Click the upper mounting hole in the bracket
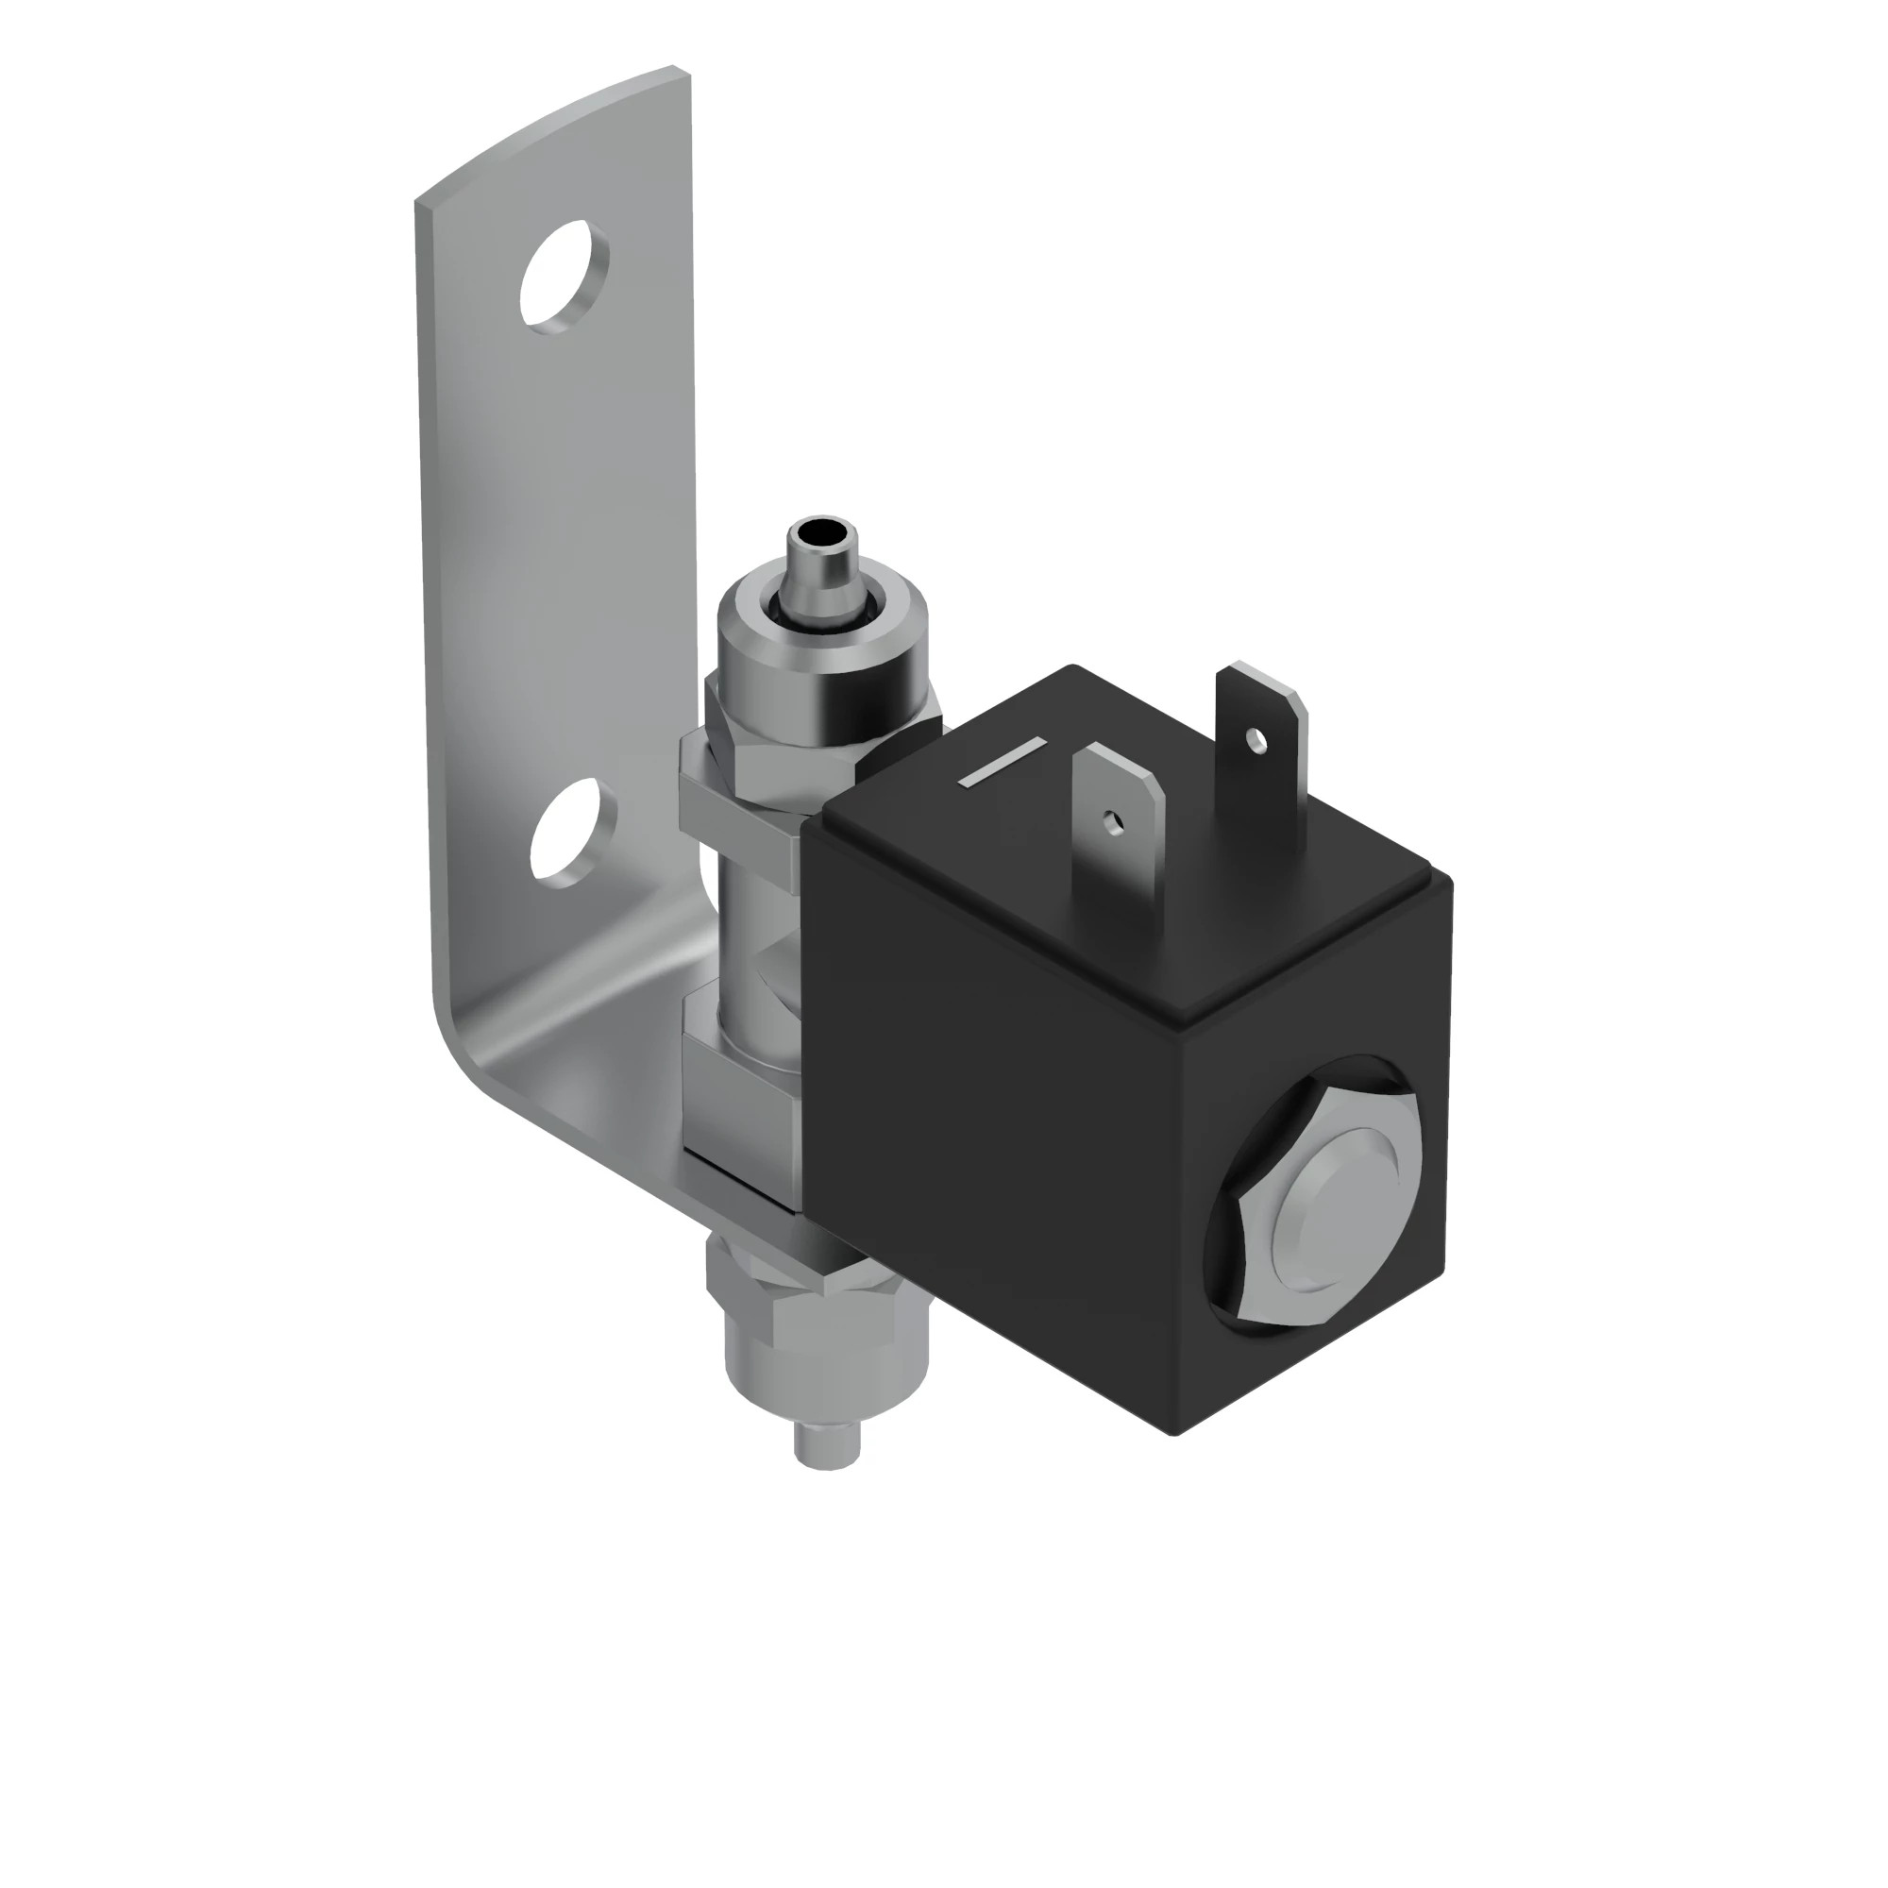[x=565, y=277]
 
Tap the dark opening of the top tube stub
[x=818, y=534]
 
